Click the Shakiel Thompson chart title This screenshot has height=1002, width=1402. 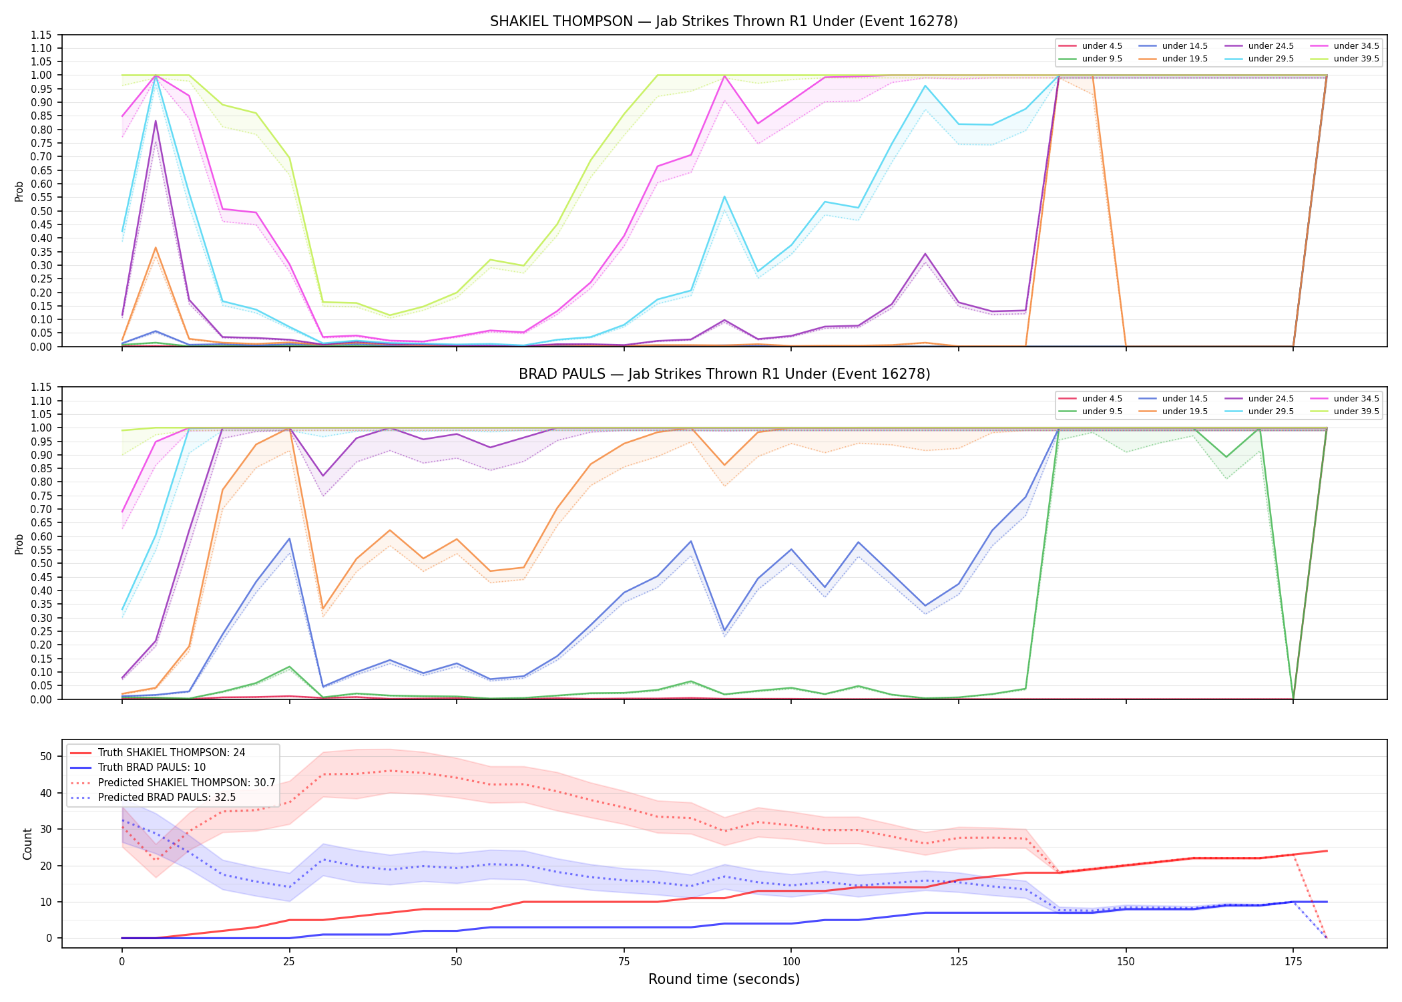[724, 21]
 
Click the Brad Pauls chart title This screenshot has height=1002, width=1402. [724, 374]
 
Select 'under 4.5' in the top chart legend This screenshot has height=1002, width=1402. [1102, 46]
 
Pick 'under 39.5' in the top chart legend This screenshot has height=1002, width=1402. [1356, 59]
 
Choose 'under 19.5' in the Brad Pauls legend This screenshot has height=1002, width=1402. [1184, 411]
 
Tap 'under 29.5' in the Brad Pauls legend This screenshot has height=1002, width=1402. [1270, 411]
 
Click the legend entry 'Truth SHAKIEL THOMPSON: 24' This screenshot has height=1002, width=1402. [172, 753]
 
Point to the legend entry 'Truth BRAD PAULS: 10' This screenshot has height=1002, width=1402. [152, 768]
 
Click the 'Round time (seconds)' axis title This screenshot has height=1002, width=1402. [724, 979]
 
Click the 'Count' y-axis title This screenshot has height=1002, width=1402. [27, 844]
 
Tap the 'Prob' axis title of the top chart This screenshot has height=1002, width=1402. [19, 192]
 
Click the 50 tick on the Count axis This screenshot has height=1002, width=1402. [46, 757]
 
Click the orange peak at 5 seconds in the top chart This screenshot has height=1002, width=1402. [156, 248]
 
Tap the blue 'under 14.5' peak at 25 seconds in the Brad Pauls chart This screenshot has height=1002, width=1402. [289, 538]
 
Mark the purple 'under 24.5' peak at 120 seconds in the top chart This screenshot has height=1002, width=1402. [925, 254]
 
